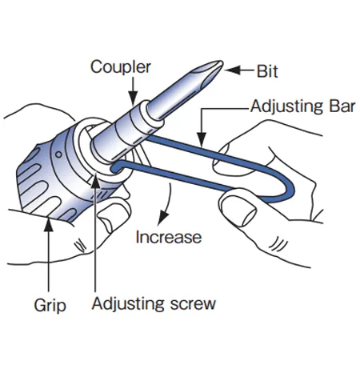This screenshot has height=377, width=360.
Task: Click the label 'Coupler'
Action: point(121,67)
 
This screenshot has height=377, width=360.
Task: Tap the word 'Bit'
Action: point(267,71)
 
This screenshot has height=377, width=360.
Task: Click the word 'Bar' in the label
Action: point(342,106)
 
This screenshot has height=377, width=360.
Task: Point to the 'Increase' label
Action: point(169,237)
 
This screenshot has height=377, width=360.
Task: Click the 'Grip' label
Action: point(50,306)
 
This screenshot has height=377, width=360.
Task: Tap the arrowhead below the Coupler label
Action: point(133,98)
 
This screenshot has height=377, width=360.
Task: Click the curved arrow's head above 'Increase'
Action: point(162,218)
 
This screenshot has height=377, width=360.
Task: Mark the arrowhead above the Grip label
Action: point(48,225)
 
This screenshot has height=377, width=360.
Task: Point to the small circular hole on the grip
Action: point(58,154)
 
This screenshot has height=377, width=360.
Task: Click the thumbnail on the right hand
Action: point(242,211)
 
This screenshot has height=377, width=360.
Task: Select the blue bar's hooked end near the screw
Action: point(116,167)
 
